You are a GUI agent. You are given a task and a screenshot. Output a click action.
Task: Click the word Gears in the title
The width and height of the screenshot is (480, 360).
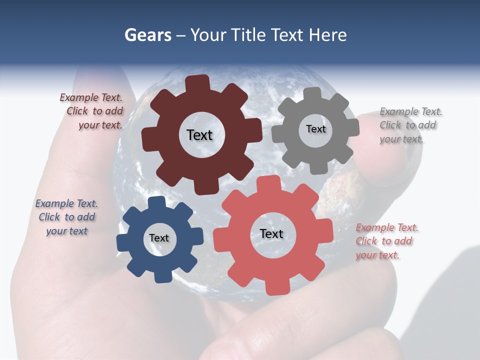pyautogui.click(x=147, y=35)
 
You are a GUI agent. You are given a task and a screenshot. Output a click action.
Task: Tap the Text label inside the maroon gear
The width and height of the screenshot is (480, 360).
pyautogui.click(x=199, y=135)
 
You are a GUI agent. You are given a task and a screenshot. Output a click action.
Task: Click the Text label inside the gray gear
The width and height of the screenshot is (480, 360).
pyautogui.click(x=315, y=129)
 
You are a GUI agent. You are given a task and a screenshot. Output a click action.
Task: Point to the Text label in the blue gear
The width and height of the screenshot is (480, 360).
pyautogui.click(x=159, y=238)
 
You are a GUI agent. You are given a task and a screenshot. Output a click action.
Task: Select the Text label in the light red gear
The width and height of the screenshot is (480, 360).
pyautogui.click(x=271, y=233)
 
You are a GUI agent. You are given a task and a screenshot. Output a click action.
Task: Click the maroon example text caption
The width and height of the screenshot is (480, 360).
pyautogui.click(x=92, y=111)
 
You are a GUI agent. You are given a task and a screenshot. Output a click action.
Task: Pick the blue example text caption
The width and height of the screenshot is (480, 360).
pyautogui.click(x=67, y=217)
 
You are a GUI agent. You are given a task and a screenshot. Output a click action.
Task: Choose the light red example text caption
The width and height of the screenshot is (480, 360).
pyautogui.click(x=386, y=241)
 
